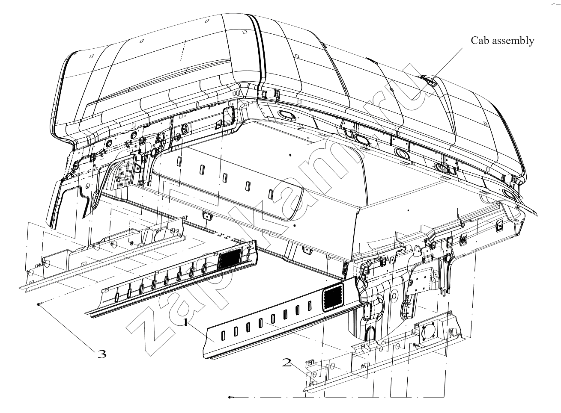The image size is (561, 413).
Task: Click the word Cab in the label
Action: [478, 41]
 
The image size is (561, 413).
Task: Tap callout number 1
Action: [186, 323]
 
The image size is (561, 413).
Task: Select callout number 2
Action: [287, 362]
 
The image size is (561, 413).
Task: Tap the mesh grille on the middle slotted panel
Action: [230, 259]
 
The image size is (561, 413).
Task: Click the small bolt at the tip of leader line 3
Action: [38, 304]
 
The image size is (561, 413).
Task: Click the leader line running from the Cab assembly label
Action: [437, 74]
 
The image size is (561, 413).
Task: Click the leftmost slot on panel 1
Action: [223, 336]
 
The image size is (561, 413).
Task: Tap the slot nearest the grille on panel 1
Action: [310, 306]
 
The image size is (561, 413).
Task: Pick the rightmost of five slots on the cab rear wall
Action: [271, 194]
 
